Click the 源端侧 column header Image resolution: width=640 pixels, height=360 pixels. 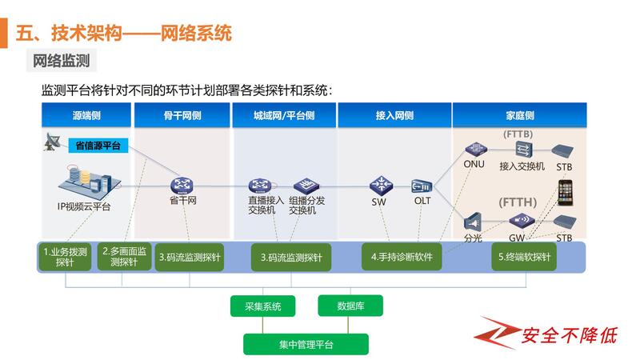[86, 115]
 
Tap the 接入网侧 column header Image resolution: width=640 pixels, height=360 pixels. [394, 115]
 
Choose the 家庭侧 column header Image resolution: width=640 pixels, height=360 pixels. [520, 115]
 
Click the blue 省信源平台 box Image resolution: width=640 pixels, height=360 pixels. [98, 145]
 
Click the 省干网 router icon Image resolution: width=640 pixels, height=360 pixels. [183, 185]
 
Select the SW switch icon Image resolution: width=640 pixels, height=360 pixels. [381, 185]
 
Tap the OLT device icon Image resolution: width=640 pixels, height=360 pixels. [422, 186]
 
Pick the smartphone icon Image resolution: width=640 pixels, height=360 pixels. [566, 192]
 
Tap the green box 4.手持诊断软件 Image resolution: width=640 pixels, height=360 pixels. [402, 257]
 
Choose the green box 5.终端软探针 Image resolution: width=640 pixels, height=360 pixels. [524, 257]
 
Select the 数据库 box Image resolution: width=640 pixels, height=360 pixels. [350, 305]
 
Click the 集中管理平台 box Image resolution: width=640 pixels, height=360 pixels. [306, 344]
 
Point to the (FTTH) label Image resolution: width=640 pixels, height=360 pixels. [518, 202]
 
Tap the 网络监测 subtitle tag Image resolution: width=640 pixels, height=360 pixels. [61, 60]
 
